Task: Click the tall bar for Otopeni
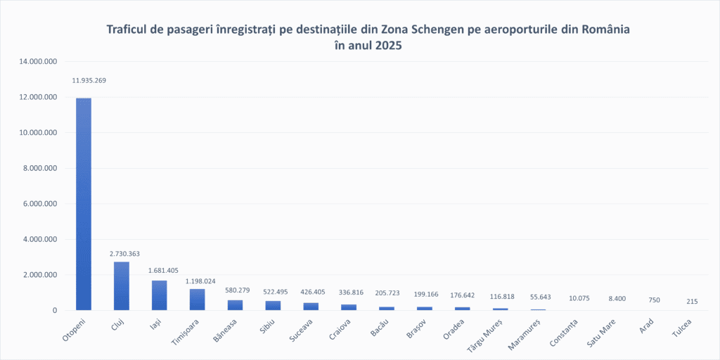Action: pos(84,204)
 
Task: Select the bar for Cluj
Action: pos(122,285)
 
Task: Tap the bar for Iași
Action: pos(160,295)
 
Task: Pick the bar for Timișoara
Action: pos(198,300)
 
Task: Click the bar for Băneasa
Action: pos(235,305)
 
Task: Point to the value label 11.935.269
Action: pos(89,80)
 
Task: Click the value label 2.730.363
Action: pos(124,253)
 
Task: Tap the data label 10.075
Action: pos(579,297)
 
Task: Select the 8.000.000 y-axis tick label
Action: pos(40,168)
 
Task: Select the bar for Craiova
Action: pos(349,307)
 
